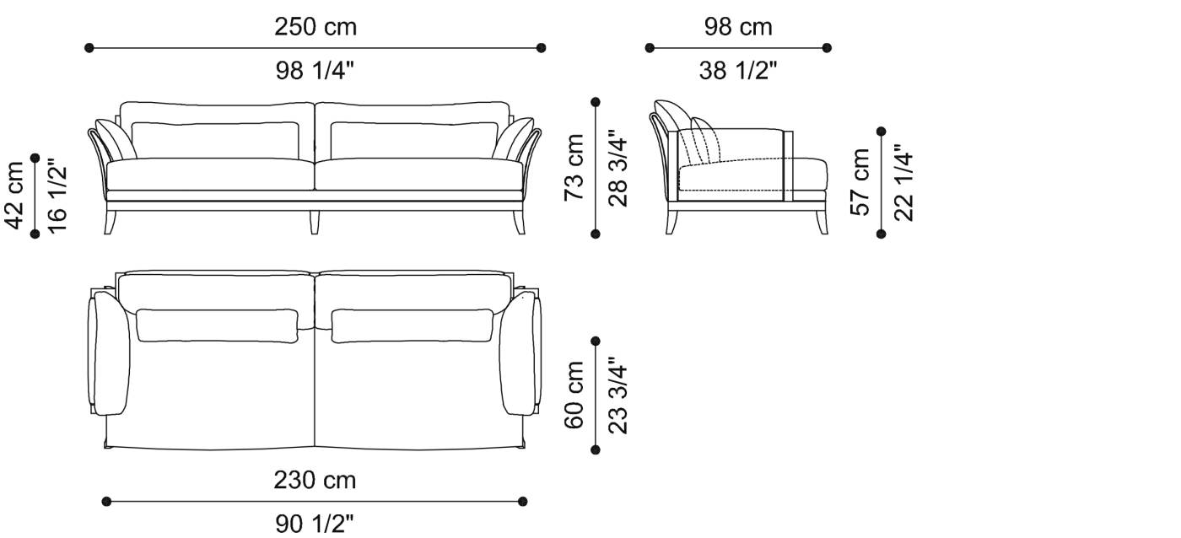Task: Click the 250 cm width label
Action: click(315, 27)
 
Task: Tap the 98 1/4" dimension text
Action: click(315, 71)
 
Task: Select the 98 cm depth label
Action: click(738, 27)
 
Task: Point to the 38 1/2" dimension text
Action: click(738, 71)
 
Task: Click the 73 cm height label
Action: click(574, 167)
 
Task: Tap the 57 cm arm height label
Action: click(860, 182)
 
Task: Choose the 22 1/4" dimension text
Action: click(903, 182)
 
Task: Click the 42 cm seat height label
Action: click(14, 196)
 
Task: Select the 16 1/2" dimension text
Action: click(57, 196)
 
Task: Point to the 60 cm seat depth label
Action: click(574, 395)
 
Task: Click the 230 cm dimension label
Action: click(315, 481)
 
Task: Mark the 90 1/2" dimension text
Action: click(315, 525)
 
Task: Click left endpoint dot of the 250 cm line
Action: click(89, 48)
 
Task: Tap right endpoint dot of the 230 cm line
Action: click(523, 502)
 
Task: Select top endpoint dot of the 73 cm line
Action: click(596, 102)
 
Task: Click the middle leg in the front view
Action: click(315, 221)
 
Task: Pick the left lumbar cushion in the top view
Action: click(217, 325)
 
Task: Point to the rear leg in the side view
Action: click(673, 220)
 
